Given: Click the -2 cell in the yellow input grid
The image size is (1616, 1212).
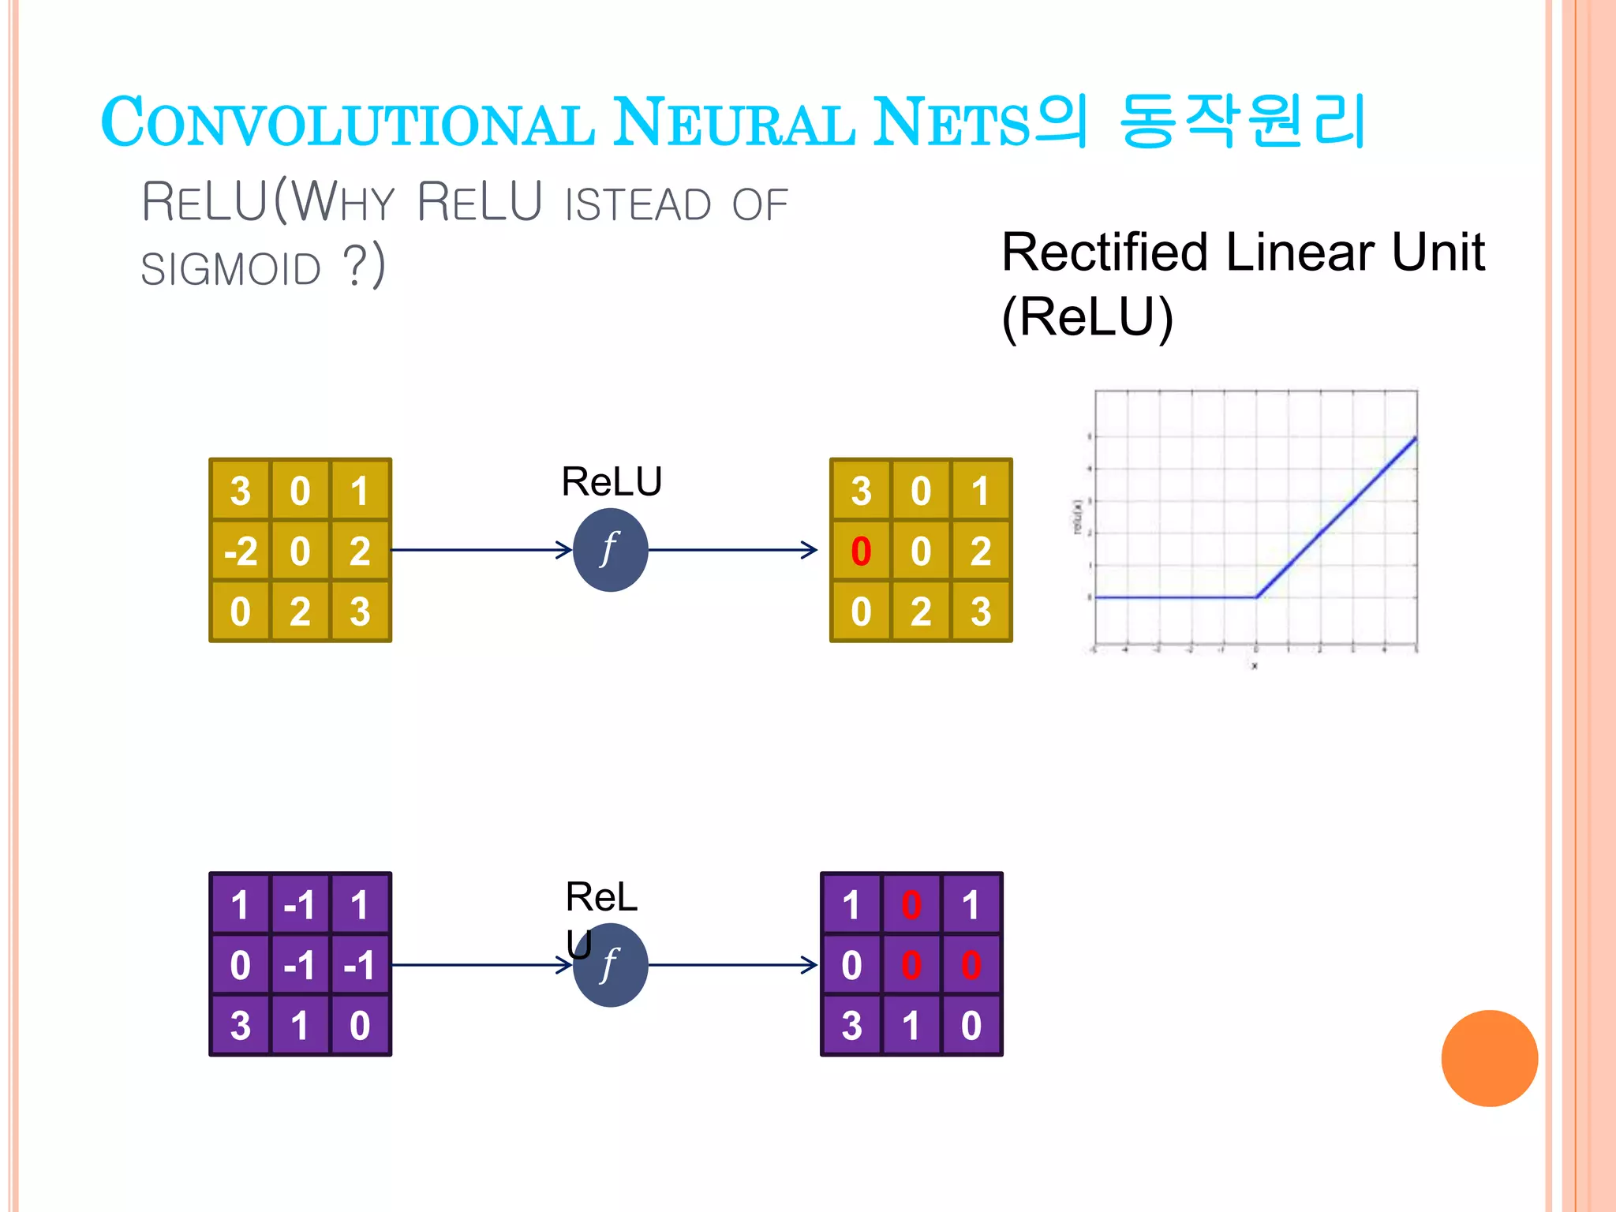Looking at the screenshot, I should coord(241,551).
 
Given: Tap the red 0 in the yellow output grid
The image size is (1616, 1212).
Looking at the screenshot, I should coord(861,551).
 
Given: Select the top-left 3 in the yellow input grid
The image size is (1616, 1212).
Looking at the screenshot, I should coord(241,491).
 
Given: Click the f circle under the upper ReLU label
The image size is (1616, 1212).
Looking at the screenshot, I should coord(610,550).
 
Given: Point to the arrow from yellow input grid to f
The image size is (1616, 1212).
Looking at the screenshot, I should coord(481,550).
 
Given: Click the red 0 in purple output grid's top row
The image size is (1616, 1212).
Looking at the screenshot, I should coord(911,905).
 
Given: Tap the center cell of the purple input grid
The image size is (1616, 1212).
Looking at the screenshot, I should coord(300,965).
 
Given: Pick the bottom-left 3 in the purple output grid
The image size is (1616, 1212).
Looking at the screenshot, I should coord(851,1026).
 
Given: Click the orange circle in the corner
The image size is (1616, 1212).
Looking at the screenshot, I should coord(1489,1058).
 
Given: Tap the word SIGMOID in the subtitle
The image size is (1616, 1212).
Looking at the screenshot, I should coord(231,269).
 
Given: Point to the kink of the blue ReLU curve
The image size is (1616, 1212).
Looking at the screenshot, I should coord(1256,597).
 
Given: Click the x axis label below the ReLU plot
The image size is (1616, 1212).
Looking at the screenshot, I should coord(1255,666).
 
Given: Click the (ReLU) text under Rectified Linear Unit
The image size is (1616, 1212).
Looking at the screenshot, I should coord(1087,317).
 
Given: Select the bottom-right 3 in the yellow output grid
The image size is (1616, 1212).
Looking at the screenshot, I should coord(981,612).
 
